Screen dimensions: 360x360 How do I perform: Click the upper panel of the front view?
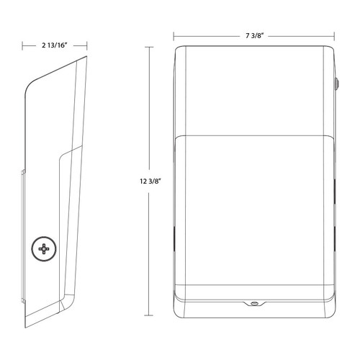tap(255, 90)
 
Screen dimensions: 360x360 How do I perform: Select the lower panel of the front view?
tap(255, 216)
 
